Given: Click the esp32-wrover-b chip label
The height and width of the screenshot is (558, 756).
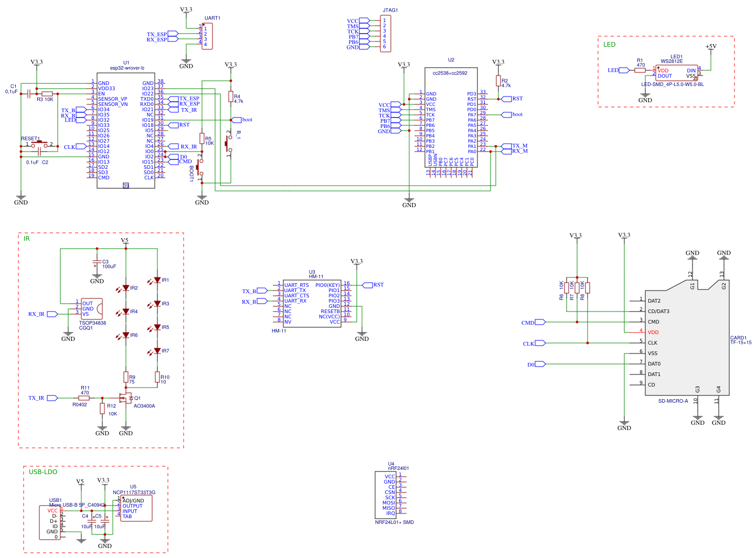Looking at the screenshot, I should [126, 68].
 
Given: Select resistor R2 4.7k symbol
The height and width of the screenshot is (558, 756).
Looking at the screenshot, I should [498, 81].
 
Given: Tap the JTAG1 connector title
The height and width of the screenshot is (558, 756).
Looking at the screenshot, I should [390, 10].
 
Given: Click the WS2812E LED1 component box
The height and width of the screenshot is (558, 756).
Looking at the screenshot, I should [676, 73].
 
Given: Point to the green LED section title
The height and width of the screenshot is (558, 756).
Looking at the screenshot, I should [609, 45].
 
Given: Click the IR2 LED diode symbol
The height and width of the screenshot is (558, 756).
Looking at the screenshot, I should [126, 288].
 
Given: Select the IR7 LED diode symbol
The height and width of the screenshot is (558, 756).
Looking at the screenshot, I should [157, 351].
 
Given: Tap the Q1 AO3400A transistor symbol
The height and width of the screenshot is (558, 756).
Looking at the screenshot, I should [126, 399].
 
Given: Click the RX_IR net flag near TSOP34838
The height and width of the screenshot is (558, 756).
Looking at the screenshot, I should [52, 314].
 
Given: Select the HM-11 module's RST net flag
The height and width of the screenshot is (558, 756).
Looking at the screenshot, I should [367, 285].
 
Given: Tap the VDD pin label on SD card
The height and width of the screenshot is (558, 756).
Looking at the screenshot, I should [653, 332].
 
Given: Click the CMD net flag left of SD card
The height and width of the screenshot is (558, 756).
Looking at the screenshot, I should [540, 323].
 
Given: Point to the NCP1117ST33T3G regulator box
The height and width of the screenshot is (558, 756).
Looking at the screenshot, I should [136, 508].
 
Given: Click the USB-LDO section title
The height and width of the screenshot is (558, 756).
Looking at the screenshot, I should [43, 472].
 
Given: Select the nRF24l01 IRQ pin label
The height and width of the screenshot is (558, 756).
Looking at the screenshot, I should [390, 513].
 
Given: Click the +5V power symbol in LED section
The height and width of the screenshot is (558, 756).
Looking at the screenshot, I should [711, 47].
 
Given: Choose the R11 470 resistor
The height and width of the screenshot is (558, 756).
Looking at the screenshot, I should [84, 398].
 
